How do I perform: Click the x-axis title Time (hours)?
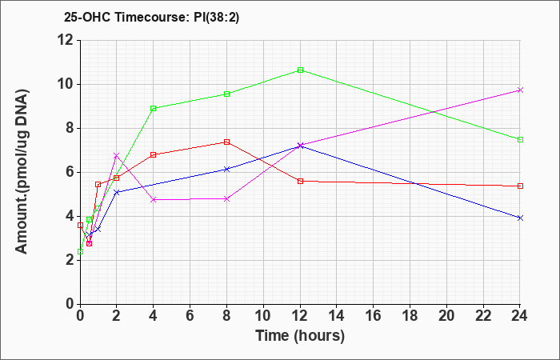(300, 335)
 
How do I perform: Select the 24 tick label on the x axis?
(520, 316)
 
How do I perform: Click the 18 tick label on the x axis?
(410, 316)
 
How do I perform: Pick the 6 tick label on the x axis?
(190, 316)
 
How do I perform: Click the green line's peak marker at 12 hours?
(300, 70)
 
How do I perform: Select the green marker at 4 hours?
(154, 108)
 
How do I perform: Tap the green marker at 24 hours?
(520, 139)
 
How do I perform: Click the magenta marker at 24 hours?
(520, 90)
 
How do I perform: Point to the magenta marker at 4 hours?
(154, 199)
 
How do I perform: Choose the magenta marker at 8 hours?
(226, 198)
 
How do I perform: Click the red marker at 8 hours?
(226, 142)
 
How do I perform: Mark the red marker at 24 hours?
(520, 186)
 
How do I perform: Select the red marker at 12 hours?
(300, 181)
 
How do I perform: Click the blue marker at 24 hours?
(520, 218)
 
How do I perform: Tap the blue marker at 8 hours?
(226, 169)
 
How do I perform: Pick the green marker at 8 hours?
(226, 94)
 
